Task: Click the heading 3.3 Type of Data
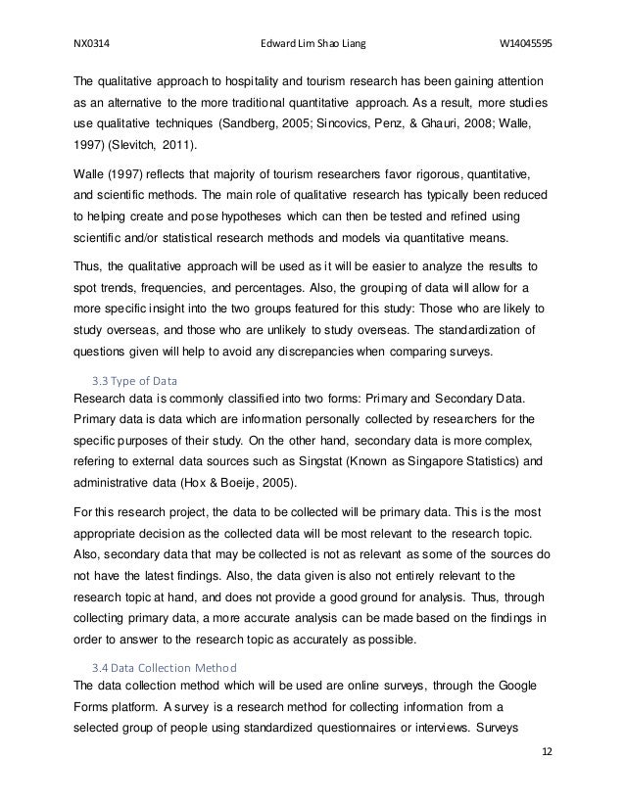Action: [x=129, y=379]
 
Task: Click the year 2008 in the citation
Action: [x=499, y=126]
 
